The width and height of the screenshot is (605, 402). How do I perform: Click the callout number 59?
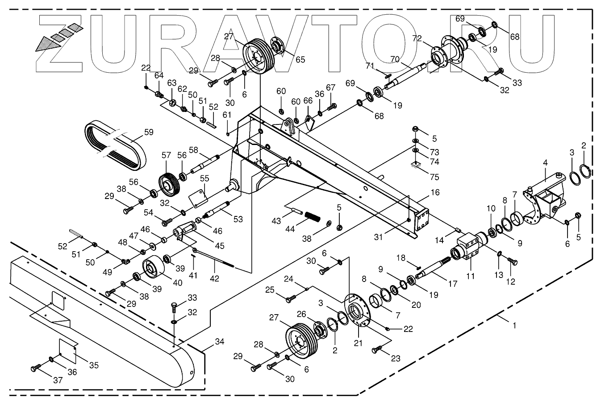(149, 132)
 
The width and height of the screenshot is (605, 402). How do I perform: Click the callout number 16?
(435, 192)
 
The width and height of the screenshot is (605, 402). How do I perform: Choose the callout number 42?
(215, 278)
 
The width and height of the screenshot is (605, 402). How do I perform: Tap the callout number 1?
(514, 326)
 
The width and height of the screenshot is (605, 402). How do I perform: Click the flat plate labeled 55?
(199, 196)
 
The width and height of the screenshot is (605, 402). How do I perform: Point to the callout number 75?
(435, 177)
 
